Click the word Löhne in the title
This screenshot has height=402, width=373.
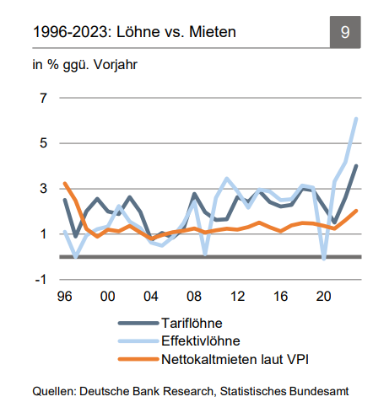pos(137,31)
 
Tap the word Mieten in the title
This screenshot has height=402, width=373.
pos(213,31)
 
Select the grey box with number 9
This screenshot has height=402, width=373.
pos(345,32)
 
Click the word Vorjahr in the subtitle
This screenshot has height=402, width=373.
pos(116,65)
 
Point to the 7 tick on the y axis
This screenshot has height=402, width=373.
pos(43,98)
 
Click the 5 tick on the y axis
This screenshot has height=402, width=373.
pos(43,143)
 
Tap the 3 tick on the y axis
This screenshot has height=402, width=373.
pos(43,189)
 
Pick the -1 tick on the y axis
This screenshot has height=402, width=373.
pos(41,280)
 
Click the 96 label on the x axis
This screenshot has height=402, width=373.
pos(65,297)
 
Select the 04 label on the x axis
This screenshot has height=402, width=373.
pos(151,297)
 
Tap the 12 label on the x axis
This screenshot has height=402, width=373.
pos(237,297)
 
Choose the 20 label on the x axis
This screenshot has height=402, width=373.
pos(324,297)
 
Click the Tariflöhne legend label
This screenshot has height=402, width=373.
pos(192,324)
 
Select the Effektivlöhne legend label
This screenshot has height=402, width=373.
pos(201,341)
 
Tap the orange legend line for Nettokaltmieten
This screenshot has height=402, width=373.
pos(138,359)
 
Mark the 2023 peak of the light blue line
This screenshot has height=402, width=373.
pos(356,119)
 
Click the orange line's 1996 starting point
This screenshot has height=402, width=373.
pos(65,183)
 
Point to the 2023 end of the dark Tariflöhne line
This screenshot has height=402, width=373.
pos(356,166)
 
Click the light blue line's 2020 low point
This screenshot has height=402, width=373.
pos(324,259)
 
